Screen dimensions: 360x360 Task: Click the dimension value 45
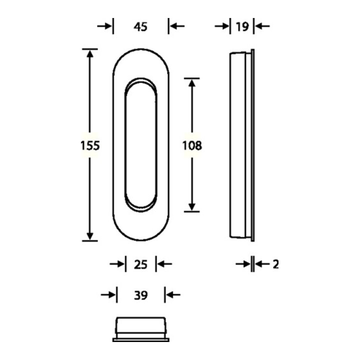click(140, 27)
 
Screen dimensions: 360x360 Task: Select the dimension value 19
click(242, 27)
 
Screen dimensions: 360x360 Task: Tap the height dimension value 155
click(90, 145)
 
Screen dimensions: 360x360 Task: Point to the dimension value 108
click(192, 145)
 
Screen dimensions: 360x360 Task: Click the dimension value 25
click(140, 264)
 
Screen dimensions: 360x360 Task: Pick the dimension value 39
click(140, 295)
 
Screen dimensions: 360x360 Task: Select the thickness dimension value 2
click(275, 264)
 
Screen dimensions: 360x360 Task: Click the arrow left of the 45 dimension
click(104, 26)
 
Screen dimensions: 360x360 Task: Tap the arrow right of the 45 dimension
click(177, 26)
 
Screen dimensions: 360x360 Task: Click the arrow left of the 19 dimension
click(222, 26)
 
